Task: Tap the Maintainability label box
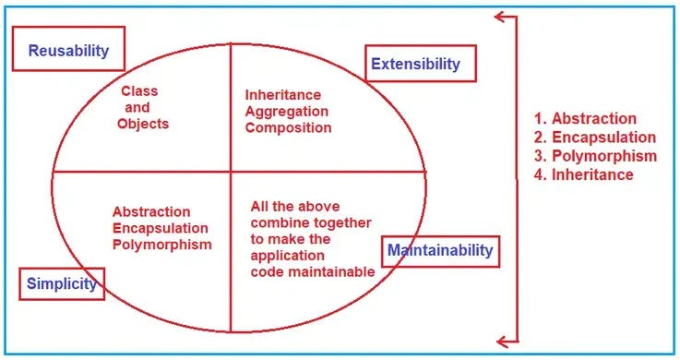[x=440, y=250]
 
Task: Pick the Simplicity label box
[x=61, y=283]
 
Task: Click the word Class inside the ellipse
[x=139, y=91]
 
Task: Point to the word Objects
[x=143, y=124]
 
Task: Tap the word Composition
[x=288, y=127]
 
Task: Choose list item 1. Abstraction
[x=585, y=118]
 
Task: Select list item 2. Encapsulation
[x=595, y=137]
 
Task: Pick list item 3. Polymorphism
[x=595, y=155]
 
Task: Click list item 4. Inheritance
[x=584, y=174]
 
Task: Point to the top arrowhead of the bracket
[x=500, y=16]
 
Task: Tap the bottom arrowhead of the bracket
[x=500, y=340]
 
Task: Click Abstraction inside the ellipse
[x=151, y=211]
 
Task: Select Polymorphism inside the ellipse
[x=161, y=245]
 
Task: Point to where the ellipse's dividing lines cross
[x=230, y=172]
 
